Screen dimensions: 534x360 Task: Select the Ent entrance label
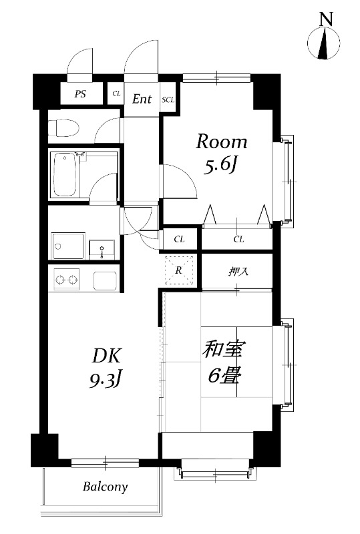[142, 99]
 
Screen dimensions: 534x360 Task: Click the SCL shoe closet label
[168, 99]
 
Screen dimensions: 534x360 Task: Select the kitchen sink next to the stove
[105, 279]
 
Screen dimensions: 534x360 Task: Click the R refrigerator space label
[179, 270]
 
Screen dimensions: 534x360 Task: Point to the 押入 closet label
[238, 272]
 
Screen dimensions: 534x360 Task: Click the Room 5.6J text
[221, 154]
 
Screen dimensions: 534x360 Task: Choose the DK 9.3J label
[105, 366]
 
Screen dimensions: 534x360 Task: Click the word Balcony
[106, 487]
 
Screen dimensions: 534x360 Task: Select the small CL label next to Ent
[116, 94]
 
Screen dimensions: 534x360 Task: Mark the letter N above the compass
[327, 20]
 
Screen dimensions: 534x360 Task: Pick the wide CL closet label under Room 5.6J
[238, 238]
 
